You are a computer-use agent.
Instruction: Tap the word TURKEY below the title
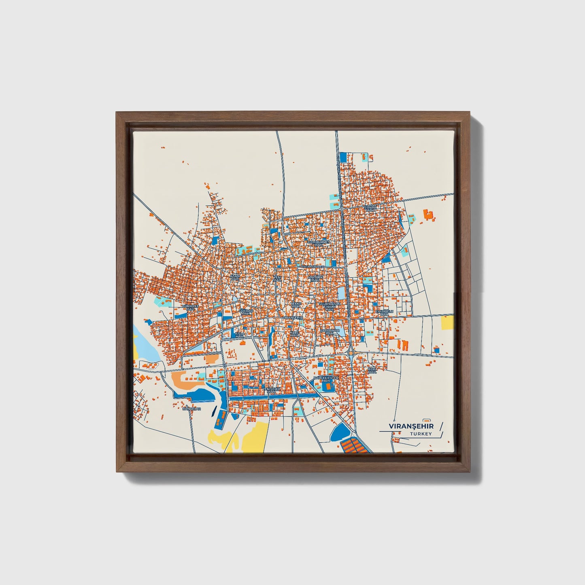click(421, 434)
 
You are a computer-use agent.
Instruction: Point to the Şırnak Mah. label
click(370, 208)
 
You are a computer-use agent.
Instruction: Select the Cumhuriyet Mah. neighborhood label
click(319, 243)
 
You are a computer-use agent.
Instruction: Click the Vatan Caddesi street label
click(313, 267)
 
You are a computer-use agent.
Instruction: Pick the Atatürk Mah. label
click(316, 279)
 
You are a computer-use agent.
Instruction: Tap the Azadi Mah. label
click(235, 277)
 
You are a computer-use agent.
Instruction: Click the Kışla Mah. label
click(240, 335)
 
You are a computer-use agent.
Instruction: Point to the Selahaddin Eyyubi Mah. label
click(330, 306)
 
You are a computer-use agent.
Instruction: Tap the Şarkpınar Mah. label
click(330, 332)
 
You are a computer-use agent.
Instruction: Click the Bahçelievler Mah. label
click(326, 379)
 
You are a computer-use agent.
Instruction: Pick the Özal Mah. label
click(372, 370)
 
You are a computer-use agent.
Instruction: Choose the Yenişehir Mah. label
click(271, 390)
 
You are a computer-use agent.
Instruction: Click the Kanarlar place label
click(191, 409)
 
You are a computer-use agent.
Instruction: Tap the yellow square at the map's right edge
click(447, 323)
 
